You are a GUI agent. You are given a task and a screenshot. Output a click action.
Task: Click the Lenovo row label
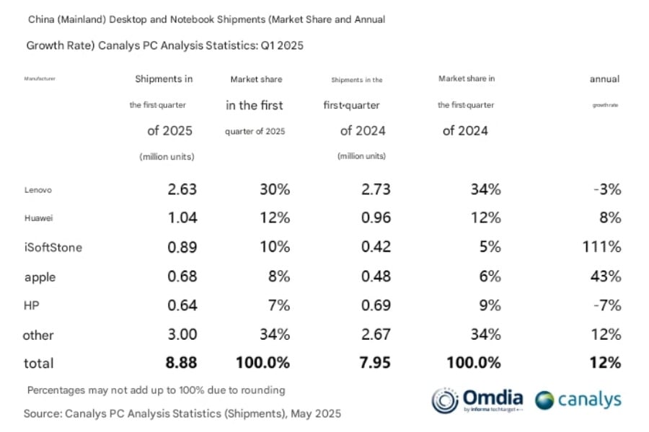click(x=38, y=190)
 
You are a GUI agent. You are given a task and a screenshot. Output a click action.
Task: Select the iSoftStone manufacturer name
click(x=53, y=248)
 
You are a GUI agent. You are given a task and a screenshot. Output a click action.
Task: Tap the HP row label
click(x=32, y=305)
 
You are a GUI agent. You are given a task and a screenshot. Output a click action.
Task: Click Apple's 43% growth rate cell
click(x=606, y=276)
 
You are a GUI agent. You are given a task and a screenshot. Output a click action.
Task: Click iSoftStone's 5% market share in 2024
click(x=490, y=247)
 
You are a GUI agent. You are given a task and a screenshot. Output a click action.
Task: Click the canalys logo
click(x=578, y=400)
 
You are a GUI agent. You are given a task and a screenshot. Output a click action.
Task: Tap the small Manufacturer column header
click(x=40, y=79)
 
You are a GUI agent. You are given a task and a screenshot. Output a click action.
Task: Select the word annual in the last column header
click(x=604, y=79)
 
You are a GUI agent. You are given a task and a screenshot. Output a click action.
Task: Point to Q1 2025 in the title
click(x=281, y=45)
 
